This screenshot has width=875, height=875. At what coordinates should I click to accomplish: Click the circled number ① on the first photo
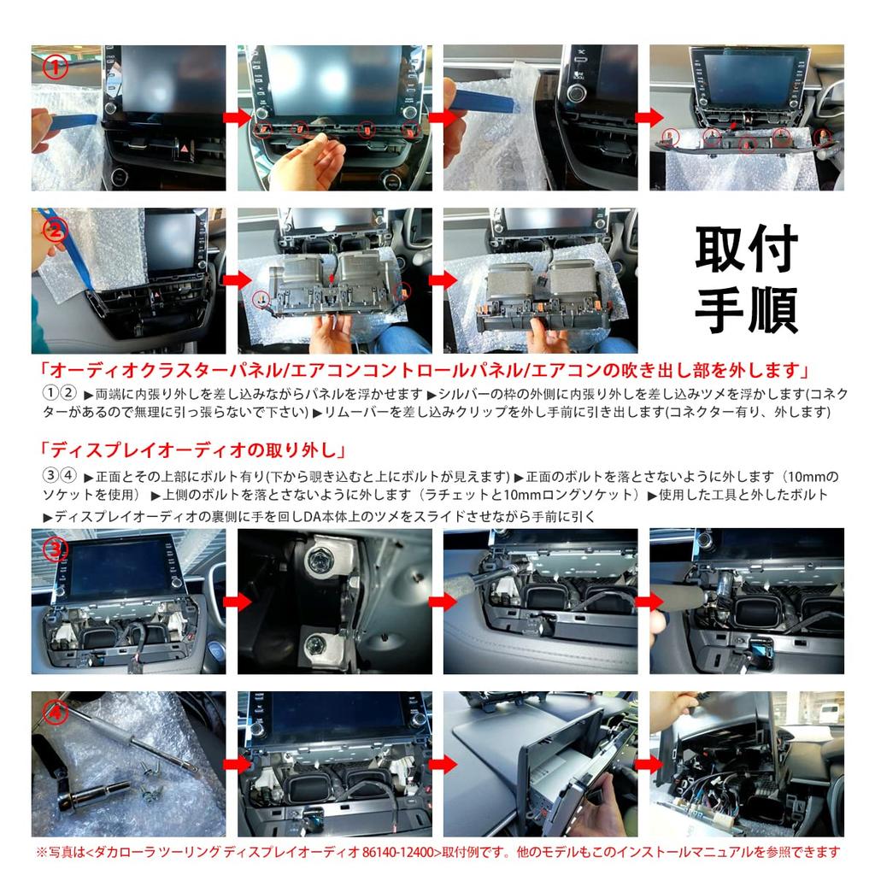pos(56,68)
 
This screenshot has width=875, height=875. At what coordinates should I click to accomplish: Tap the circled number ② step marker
pos(55,230)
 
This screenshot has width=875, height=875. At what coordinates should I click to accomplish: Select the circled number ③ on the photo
pos(56,549)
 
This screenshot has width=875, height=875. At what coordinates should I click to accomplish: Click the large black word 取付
pos(746,250)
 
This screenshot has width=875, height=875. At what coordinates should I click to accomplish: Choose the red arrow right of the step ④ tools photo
pos(231,763)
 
